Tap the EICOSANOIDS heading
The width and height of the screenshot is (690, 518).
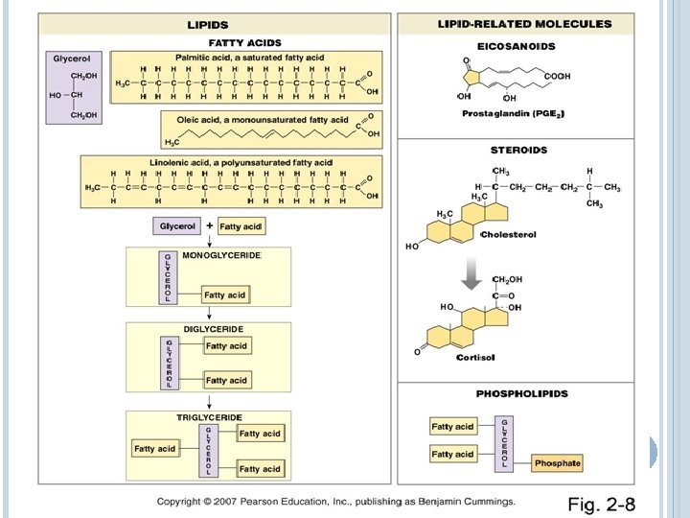[516, 46]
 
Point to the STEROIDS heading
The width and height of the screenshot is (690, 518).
[518, 150]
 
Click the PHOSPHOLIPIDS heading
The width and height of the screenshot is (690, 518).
[522, 393]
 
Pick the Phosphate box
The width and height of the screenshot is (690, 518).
[558, 463]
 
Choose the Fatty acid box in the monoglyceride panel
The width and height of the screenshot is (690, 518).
[224, 294]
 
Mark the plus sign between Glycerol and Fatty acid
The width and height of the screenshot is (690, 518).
[209, 224]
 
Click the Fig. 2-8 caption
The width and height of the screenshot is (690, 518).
[602, 505]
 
